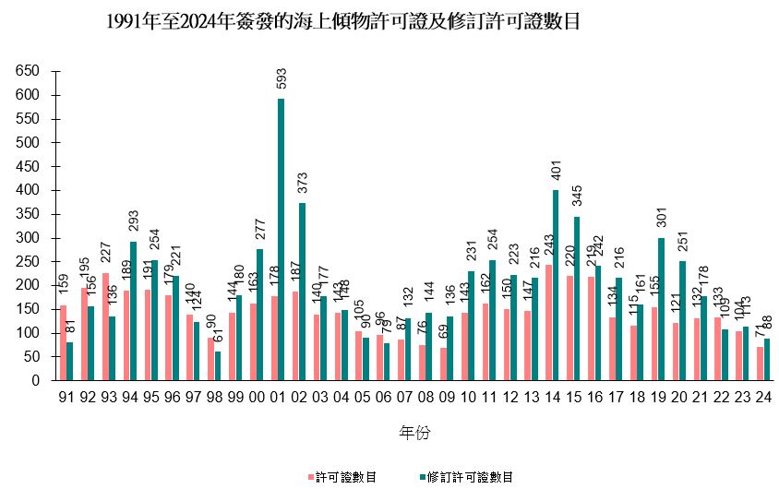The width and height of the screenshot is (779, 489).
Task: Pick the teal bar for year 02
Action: pyautogui.click(x=302, y=292)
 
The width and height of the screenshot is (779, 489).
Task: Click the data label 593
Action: pyautogui.click(x=281, y=79)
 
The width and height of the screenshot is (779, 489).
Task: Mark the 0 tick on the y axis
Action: pyautogui.click(x=36, y=380)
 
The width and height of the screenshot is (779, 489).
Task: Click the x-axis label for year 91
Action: pyautogui.click(x=66, y=400)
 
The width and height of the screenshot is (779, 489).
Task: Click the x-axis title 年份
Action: pyautogui.click(x=413, y=433)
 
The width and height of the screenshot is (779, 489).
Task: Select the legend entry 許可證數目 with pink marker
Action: pyautogui.click(x=341, y=477)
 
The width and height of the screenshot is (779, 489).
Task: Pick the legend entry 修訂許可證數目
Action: pyautogui.click(x=466, y=477)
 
